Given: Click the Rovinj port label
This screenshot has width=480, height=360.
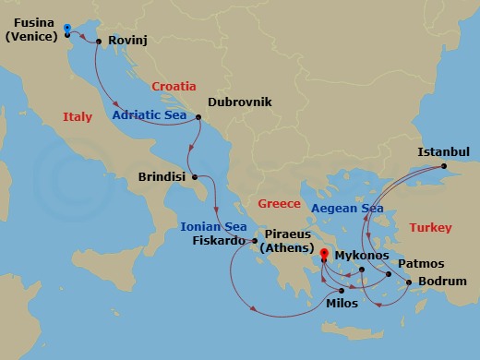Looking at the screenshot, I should click(128, 41).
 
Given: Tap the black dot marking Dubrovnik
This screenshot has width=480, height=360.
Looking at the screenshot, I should click(198, 117).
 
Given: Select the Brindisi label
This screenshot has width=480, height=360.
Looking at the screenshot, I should click(162, 175).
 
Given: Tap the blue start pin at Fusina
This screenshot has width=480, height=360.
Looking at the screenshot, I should click(69, 30).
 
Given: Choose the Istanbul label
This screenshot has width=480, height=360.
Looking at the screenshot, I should click(444, 151).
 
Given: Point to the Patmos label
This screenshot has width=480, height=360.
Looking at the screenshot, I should click(420, 263).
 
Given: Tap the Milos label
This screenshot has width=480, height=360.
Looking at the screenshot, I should click(342, 303).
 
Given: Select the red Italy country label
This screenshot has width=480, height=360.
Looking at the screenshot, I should click(78, 117).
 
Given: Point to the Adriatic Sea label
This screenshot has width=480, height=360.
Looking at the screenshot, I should click(150, 115).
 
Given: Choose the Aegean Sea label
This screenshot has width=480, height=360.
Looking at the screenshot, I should click(347, 209).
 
